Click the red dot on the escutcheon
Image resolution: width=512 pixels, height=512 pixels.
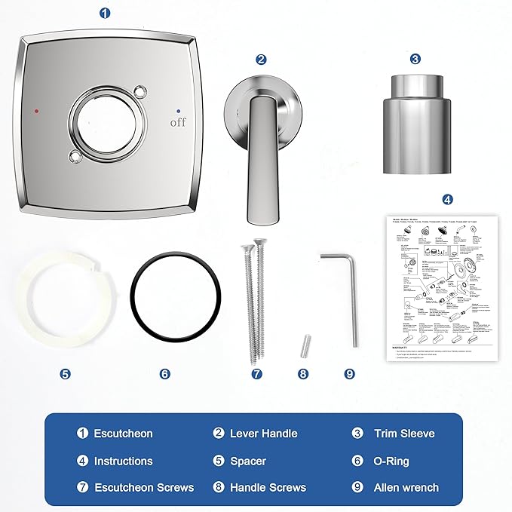tap(35, 111)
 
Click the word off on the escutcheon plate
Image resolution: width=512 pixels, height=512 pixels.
tap(178, 122)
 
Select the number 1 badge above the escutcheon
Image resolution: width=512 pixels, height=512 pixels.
tap(105, 13)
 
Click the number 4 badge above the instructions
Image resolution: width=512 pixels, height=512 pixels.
tap(448, 200)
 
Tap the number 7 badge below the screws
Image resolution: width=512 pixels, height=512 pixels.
tap(256, 373)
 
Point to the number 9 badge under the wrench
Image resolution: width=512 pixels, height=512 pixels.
tap(348, 373)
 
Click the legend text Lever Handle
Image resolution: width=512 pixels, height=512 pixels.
tap(263, 434)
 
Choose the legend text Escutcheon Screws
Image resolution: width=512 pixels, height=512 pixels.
tap(143, 488)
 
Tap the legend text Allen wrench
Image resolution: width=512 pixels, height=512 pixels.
tap(406, 488)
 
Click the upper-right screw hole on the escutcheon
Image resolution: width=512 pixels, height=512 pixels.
tap(138, 92)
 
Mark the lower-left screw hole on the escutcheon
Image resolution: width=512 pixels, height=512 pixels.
tap(74, 157)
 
